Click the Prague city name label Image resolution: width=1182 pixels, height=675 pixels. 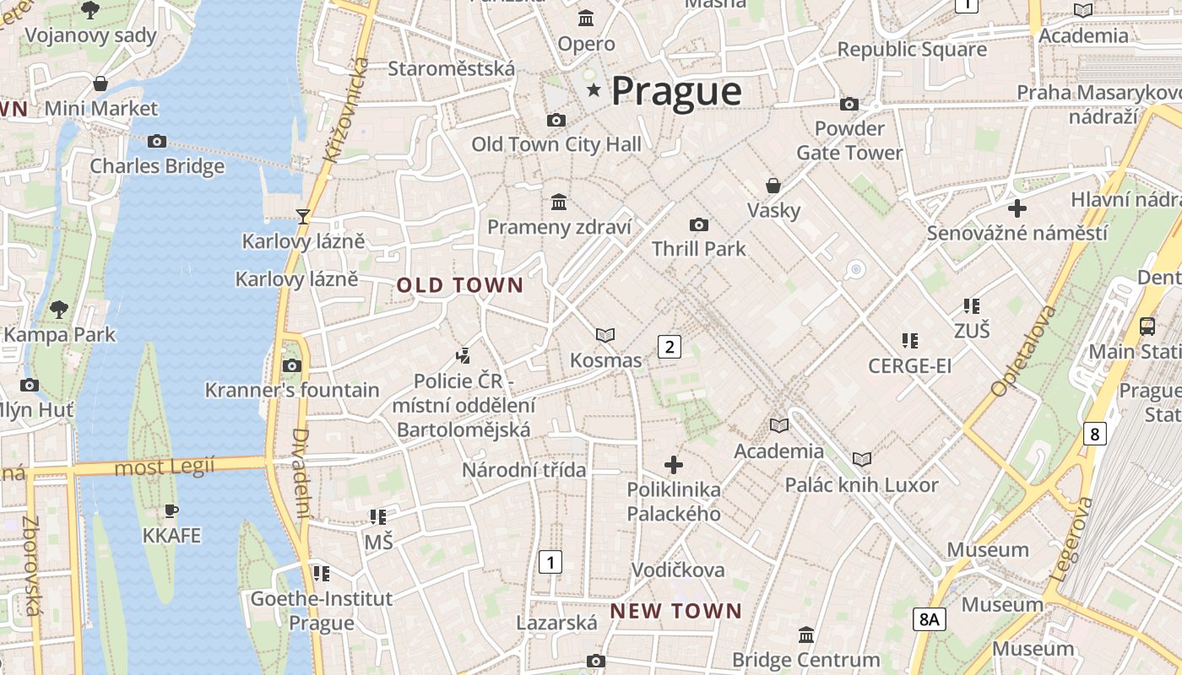coord(676,91)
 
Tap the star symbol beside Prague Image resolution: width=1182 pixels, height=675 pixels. coord(594,89)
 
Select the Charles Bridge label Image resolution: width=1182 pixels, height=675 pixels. coord(157,165)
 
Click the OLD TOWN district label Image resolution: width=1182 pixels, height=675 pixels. coord(460,285)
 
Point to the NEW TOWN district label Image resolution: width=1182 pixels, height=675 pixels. coord(675,611)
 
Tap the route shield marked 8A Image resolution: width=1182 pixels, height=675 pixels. coord(929,619)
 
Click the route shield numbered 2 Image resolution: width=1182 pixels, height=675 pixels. coord(670,346)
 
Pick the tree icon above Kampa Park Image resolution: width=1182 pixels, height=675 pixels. coord(59,310)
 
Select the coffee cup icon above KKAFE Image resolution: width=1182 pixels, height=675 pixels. coord(171,510)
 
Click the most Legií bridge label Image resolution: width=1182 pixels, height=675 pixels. coord(165,466)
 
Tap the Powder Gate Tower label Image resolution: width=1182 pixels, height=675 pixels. coord(849,141)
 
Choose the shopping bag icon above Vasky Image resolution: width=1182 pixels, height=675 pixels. coord(773,186)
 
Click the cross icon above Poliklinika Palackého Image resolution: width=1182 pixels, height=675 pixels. coord(674,464)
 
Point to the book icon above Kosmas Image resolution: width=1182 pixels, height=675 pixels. coord(605,336)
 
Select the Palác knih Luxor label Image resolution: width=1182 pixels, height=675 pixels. coord(861,485)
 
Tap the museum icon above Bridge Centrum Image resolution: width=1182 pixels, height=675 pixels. coord(806,634)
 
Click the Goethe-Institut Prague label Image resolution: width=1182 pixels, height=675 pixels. coord(322,611)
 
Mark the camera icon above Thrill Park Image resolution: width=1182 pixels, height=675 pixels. coord(698,224)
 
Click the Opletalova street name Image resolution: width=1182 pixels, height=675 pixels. coord(1023,351)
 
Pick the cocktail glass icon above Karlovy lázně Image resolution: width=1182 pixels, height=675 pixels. coord(303,217)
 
